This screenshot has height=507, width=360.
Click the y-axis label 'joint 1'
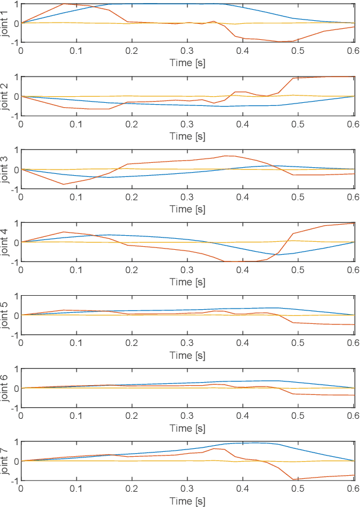pyautogui.click(x=6, y=23)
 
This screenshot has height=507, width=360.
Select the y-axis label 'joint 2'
pyautogui.click(x=6, y=96)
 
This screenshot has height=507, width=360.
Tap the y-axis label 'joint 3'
pyautogui.click(x=6, y=169)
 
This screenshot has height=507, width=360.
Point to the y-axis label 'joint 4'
pyautogui.click(x=6, y=242)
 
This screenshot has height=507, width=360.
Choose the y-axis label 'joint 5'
pyautogui.click(x=6, y=315)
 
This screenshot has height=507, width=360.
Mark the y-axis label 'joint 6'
pyautogui.click(x=6, y=388)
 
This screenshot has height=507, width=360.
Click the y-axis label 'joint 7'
pyautogui.click(x=6, y=460)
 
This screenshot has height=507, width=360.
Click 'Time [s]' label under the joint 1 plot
pyautogui.click(x=187, y=62)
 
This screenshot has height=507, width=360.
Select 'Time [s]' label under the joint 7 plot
pyautogui.click(x=187, y=500)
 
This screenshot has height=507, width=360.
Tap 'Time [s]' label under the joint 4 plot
pyautogui.click(x=187, y=282)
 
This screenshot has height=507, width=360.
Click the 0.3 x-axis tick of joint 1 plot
pyautogui.click(x=187, y=51)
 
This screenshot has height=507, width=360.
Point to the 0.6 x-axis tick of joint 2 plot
pyautogui.click(x=353, y=124)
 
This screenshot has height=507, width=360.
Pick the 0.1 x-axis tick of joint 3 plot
pyautogui.click(x=76, y=197)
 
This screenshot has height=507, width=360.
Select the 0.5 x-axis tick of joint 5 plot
pyautogui.click(x=298, y=343)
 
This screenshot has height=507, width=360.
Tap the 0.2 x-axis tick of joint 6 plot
pyautogui.click(x=132, y=416)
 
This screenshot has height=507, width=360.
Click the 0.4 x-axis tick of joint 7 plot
pyautogui.click(x=243, y=489)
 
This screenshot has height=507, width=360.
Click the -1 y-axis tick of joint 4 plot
pyautogui.click(x=13, y=261)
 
